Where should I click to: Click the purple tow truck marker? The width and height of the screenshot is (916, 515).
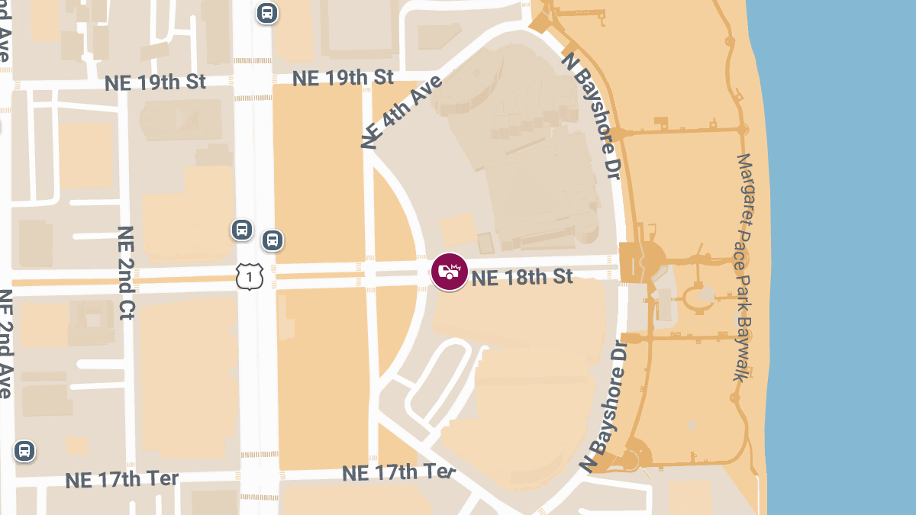click(x=450, y=272)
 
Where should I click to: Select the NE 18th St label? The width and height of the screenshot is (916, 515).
click(x=522, y=276)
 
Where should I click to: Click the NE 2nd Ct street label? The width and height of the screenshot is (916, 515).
click(x=126, y=272)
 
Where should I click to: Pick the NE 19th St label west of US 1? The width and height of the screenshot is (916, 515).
click(x=155, y=82)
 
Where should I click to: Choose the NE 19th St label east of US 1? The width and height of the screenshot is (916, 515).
click(x=343, y=78)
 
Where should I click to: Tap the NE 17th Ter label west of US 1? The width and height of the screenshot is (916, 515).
click(x=121, y=479)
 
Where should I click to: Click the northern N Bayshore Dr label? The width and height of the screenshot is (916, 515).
click(x=589, y=115)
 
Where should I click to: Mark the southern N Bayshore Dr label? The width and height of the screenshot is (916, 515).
click(x=608, y=407)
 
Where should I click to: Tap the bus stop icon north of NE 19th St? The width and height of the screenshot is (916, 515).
click(x=266, y=12)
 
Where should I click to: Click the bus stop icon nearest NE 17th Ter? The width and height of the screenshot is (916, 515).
click(x=24, y=451)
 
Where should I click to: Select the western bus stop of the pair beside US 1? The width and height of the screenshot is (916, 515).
click(x=242, y=229)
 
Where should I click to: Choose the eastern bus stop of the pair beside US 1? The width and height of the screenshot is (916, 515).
click(x=273, y=240)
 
